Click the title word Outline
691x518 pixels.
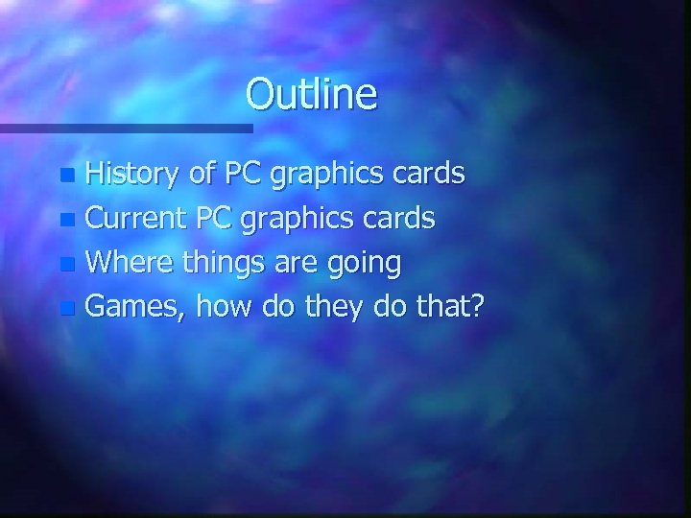[x=311, y=94]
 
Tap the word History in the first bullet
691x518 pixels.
[x=131, y=176]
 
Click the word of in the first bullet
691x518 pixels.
[x=203, y=175]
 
